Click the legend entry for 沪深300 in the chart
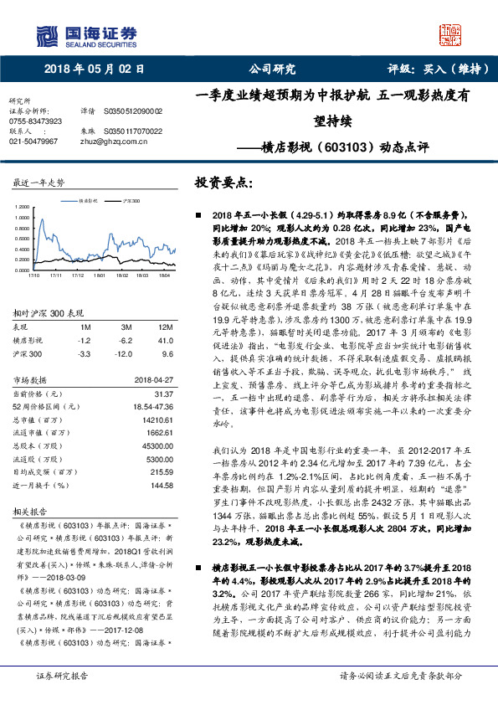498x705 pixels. [x=129, y=202]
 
